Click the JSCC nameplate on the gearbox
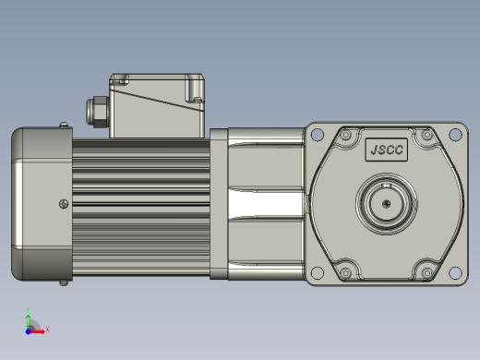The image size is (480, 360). click(x=387, y=150)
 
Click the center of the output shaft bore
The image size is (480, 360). click(x=387, y=204)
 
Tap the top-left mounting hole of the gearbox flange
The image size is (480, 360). click(x=318, y=135)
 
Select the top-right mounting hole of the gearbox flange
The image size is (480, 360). click(x=455, y=135)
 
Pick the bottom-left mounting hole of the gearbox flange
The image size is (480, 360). click(x=318, y=272)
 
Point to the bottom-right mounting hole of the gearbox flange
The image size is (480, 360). click(x=455, y=272)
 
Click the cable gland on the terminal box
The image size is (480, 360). click(x=97, y=112)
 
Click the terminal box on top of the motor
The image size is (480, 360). click(x=157, y=105)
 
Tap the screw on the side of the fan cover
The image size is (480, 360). click(x=64, y=204)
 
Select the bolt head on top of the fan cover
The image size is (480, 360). click(x=64, y=125)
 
